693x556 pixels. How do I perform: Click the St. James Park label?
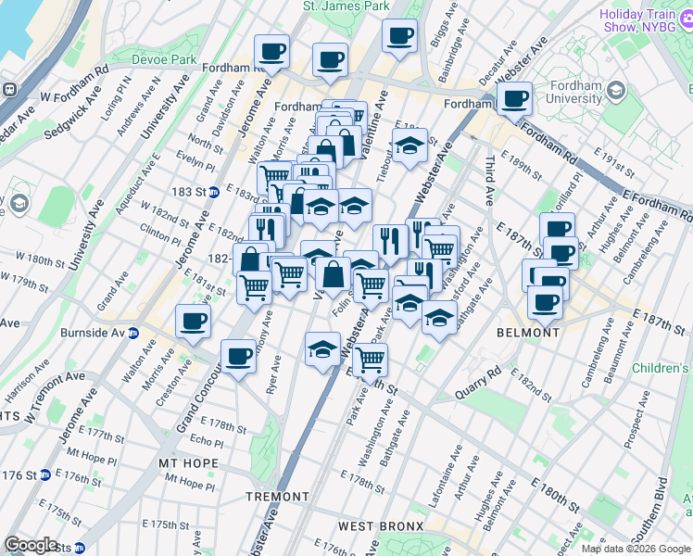346,6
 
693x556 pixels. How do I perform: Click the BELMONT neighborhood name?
527,332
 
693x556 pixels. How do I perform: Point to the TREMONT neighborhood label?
277,497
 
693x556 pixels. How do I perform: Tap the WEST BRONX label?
370,525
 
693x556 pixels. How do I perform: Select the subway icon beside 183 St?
213,192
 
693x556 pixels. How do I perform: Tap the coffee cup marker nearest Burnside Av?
193,322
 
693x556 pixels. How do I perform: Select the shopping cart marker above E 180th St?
370,359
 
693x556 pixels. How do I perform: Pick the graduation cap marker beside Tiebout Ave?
409,145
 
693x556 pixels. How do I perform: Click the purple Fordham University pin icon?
616,90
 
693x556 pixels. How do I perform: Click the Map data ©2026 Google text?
635,549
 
